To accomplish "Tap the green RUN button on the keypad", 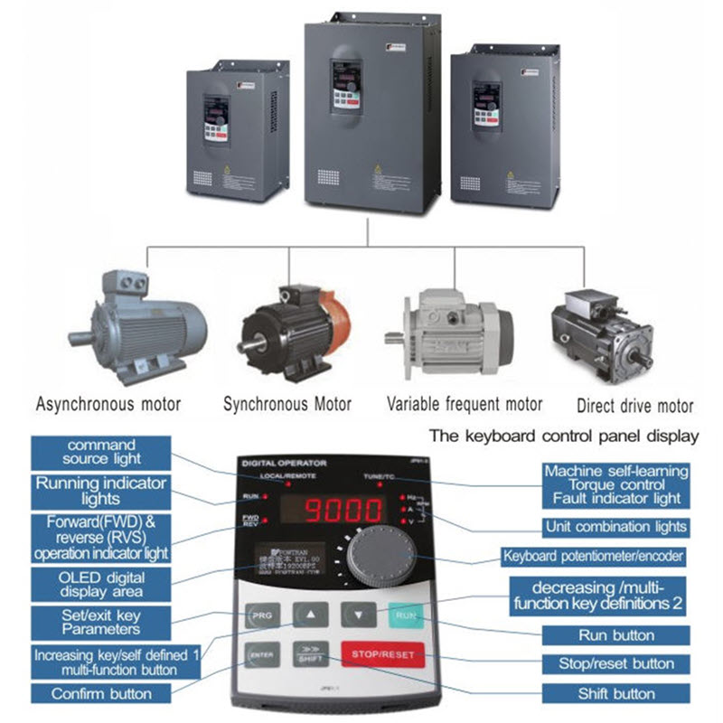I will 404,616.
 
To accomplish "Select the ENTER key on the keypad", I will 261,653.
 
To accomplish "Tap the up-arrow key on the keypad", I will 310,615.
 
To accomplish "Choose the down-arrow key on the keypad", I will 358,615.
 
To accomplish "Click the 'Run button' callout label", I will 616,635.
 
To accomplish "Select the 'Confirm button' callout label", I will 100,694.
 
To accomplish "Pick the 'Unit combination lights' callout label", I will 616,526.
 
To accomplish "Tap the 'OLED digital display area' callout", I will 100,582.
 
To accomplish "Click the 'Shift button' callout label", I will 616,694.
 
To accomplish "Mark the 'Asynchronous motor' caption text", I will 108,403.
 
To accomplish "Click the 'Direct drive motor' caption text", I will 635,405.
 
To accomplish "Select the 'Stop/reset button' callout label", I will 616,664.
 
